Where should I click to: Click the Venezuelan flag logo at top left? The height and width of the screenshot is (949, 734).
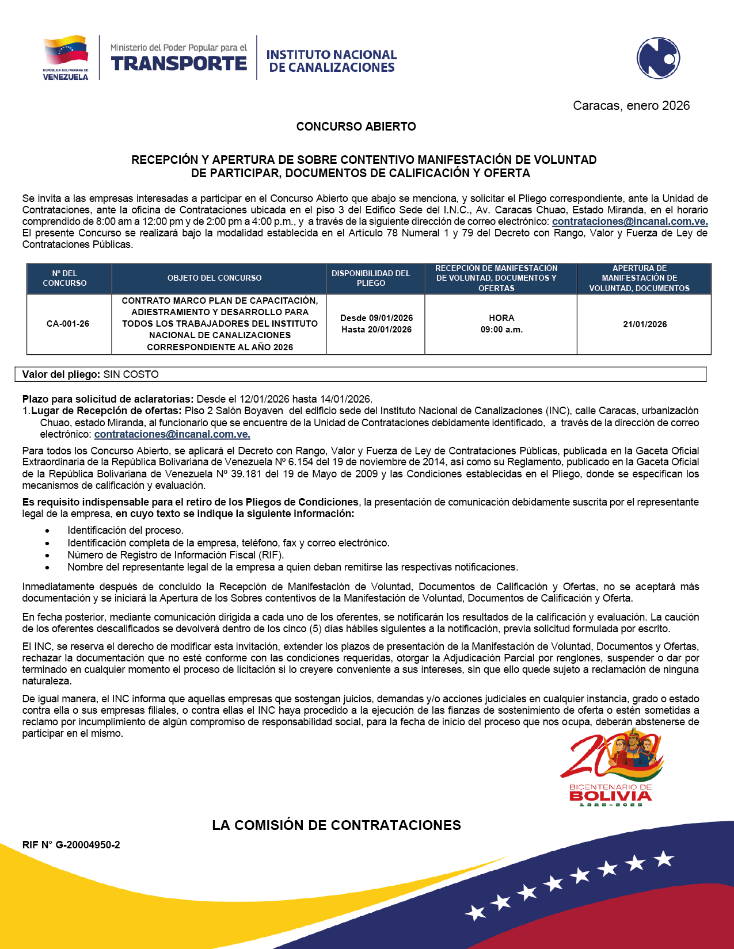click(66, 58)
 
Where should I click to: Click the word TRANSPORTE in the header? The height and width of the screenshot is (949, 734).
click(179, 63)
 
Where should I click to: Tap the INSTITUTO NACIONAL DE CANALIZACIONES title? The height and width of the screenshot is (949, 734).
click(332, 61)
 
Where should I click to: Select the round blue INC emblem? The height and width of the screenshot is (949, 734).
click(658, 58)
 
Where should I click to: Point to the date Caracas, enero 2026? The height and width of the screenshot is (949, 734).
click(631, 106)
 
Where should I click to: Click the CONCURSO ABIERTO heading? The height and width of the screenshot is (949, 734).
click(356, 127)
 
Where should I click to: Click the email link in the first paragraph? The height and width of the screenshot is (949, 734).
click(630, 221)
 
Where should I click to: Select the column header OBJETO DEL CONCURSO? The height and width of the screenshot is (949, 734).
click(214, 278)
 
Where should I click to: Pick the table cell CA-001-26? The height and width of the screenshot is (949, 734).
click(68, 324)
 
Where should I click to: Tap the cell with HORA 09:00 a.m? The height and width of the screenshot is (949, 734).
click(501, 324)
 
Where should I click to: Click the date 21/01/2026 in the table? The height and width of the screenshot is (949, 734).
click(645, 324)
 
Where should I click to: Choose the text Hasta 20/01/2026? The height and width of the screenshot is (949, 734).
click(376, 330)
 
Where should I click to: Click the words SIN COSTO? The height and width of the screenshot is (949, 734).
click(131, 374)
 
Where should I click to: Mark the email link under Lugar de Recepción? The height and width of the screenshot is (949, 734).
click(172, 434)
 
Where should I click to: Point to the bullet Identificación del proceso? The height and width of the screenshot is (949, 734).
click(125, 530)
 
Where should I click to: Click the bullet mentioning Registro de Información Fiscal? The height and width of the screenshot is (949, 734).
click(176, 555)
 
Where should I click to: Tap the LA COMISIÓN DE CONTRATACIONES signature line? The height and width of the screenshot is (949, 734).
click(336, 825)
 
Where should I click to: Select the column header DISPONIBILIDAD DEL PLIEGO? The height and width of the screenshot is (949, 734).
click(371, 278)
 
